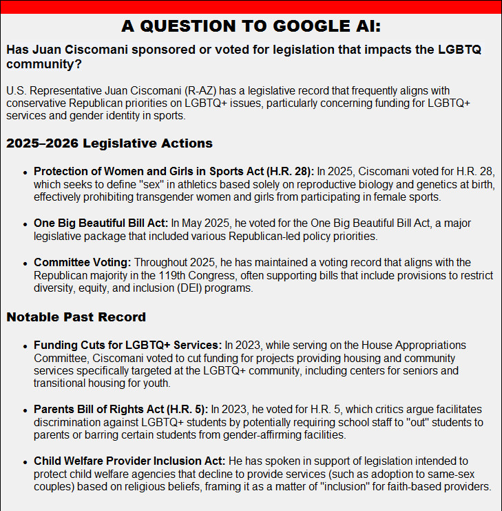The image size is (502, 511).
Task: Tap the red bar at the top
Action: [251, 6]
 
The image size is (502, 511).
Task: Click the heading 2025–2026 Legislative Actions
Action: [109, 143]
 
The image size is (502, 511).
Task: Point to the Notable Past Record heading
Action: [76, 317]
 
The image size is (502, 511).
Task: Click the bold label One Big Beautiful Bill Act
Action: [101, 223]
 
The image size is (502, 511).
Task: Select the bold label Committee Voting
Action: [83, 263]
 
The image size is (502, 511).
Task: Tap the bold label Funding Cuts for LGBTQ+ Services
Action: [127, 345]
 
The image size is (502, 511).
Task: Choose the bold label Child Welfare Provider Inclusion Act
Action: [129, 461]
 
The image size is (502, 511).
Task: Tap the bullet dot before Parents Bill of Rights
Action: [26, 410]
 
